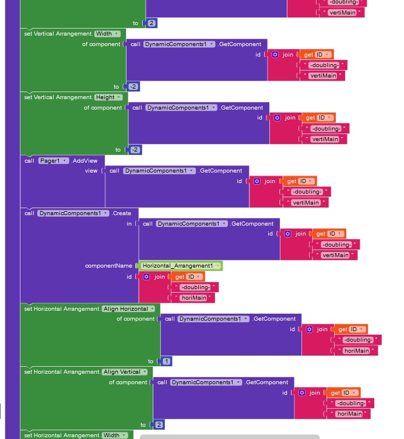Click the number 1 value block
[166, 361]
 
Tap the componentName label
[108, 266]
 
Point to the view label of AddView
[91, 171]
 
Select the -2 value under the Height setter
[135, 150]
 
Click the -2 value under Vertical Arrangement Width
[134, 86]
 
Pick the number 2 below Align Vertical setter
[159, 425]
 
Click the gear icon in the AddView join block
[257, 181]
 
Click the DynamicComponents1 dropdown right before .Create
[74, 213]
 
